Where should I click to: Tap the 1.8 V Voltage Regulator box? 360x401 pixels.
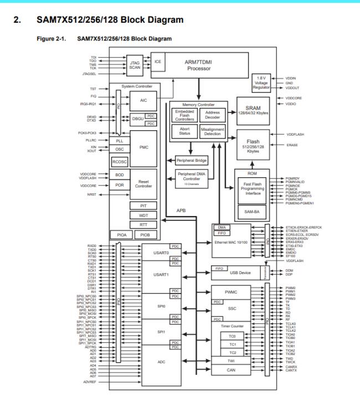pos(261,83)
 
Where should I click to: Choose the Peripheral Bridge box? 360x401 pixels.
pos(192,160)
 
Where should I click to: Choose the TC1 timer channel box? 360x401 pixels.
pos(232,344)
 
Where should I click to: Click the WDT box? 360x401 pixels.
pos(143,215)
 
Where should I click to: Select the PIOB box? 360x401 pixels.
pos(145,235)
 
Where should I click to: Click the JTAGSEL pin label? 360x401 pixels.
pos(89,73)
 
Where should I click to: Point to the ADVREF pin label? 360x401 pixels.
pos(89,382)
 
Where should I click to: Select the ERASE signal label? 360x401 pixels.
pos(293,145)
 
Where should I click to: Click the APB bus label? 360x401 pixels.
pos(181,210)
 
